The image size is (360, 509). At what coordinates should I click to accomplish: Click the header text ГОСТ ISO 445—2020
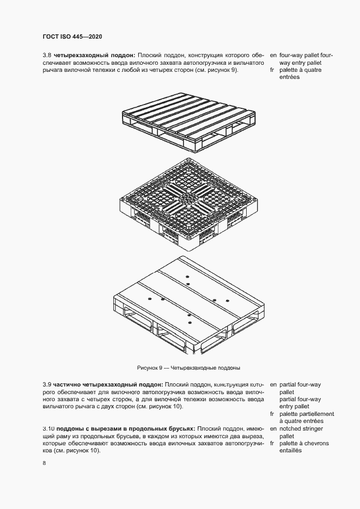[x=72, y=36]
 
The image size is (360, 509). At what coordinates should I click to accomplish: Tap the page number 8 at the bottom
[x=44, y=463]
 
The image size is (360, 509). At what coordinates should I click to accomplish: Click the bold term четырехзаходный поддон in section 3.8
[x=95, y=56]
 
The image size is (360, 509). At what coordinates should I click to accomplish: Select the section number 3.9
[x=47, y=384]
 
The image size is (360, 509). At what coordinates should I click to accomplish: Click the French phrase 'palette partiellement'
[x=307, y=414]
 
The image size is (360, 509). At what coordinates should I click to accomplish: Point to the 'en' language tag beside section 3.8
[x=273, y=56]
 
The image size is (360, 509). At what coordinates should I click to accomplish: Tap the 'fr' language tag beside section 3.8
[x=272, y=70]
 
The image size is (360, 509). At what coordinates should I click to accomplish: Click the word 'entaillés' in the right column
[x=290, y=451]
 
